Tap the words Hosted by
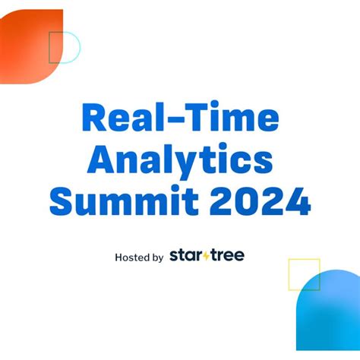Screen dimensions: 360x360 click(x=139, y=257)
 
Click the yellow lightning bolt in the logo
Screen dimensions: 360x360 click(x=207, y=255)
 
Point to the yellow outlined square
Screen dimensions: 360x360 click(x=304, y=274)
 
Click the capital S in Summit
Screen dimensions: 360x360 click(x=64, y=202)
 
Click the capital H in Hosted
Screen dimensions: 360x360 click(x=118, y=257)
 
